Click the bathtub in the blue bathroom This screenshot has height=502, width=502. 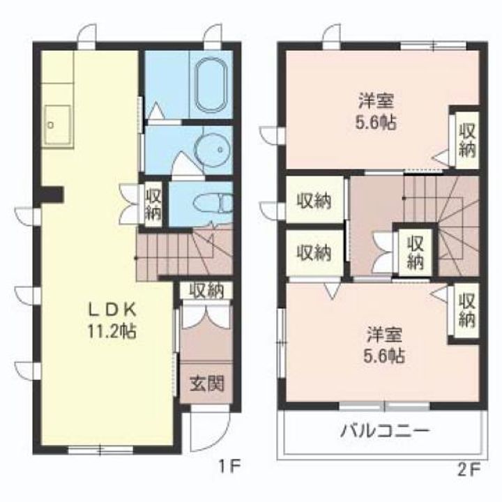(211, 86)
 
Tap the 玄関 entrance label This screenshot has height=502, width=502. (207, 383)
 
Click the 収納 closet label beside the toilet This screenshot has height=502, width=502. (153, 204)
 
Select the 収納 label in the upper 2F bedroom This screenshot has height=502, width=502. (467, 140)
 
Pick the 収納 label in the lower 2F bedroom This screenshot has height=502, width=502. (467, 310)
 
